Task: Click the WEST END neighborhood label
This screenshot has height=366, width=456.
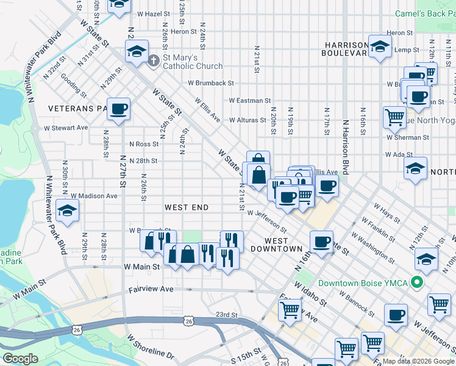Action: pyautogui.click(x=187, y=207)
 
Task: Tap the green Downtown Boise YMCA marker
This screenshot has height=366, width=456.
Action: pyautogui.click(x=417, y=283)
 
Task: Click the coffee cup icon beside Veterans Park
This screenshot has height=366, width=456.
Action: pyautogui.click(x=119, y=109)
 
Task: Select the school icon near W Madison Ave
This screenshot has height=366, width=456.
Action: pyautogui.click(x=67, y=211)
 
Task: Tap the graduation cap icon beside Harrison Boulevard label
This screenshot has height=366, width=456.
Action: pyautogui.click(x=380, y=48)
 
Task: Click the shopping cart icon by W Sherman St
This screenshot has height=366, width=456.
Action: pyautogui.click(x=395, y=117)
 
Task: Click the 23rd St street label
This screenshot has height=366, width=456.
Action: pyautogui.click(x=226, y=315)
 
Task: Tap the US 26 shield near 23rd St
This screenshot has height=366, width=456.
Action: pyautogui.click(x=188, y=320)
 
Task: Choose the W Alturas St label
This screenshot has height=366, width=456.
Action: pyautogui.click(x=248, y=120)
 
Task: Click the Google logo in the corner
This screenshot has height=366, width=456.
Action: pyautogui.click(x=20, y=359)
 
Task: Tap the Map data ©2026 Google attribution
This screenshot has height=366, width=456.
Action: pyautogui.click(x=418, y=361)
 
